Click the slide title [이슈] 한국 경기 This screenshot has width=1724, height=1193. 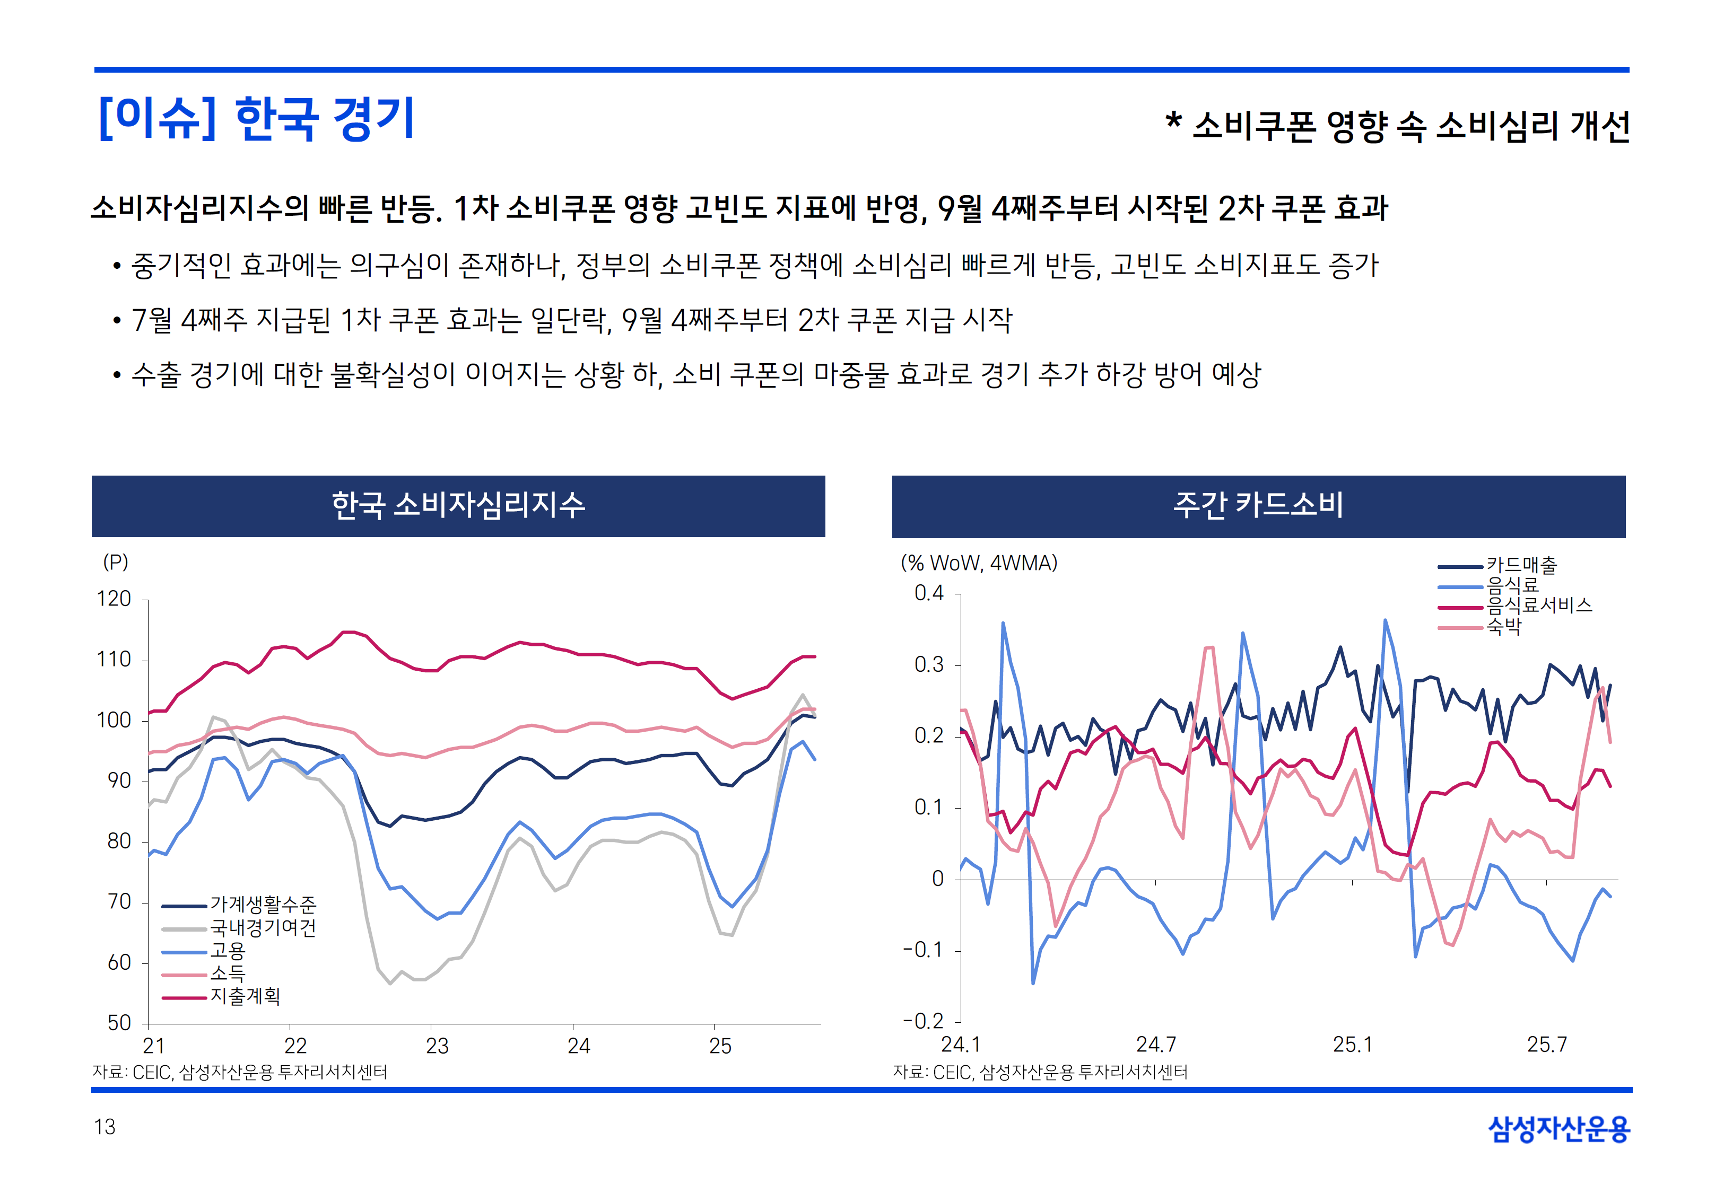256,119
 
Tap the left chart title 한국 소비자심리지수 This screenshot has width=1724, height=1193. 458,505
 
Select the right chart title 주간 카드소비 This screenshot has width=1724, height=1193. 1258,505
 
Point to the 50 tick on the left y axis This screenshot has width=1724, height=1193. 119,1023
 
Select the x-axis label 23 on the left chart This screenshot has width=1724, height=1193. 437,1046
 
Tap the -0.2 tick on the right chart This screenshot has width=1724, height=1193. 924,1021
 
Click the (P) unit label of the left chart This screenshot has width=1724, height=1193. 115,562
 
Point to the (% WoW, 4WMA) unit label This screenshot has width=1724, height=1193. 979,563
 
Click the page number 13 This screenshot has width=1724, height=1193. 105,1127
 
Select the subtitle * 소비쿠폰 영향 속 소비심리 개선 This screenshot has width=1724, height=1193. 1397,126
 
